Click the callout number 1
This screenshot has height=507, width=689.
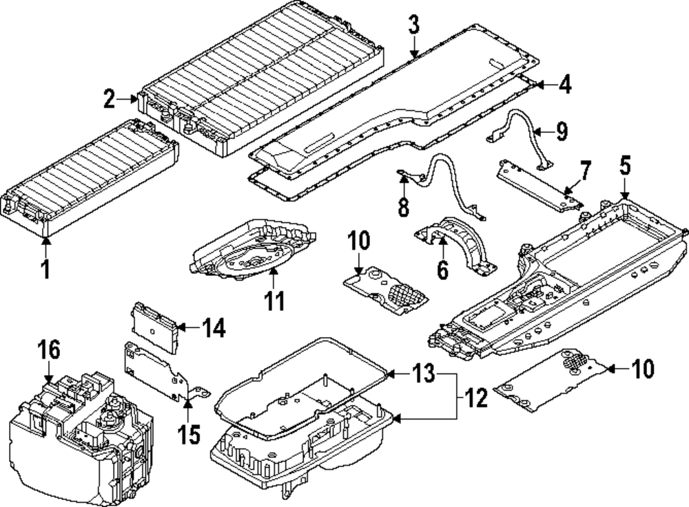click(x=45, y=268)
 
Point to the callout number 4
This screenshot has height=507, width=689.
click(x=564, y=85)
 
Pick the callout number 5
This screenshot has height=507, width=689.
click(x=624, y=166)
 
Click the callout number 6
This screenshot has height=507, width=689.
click(x=442, y=269)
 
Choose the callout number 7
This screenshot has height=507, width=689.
click(x=585, y=169)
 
